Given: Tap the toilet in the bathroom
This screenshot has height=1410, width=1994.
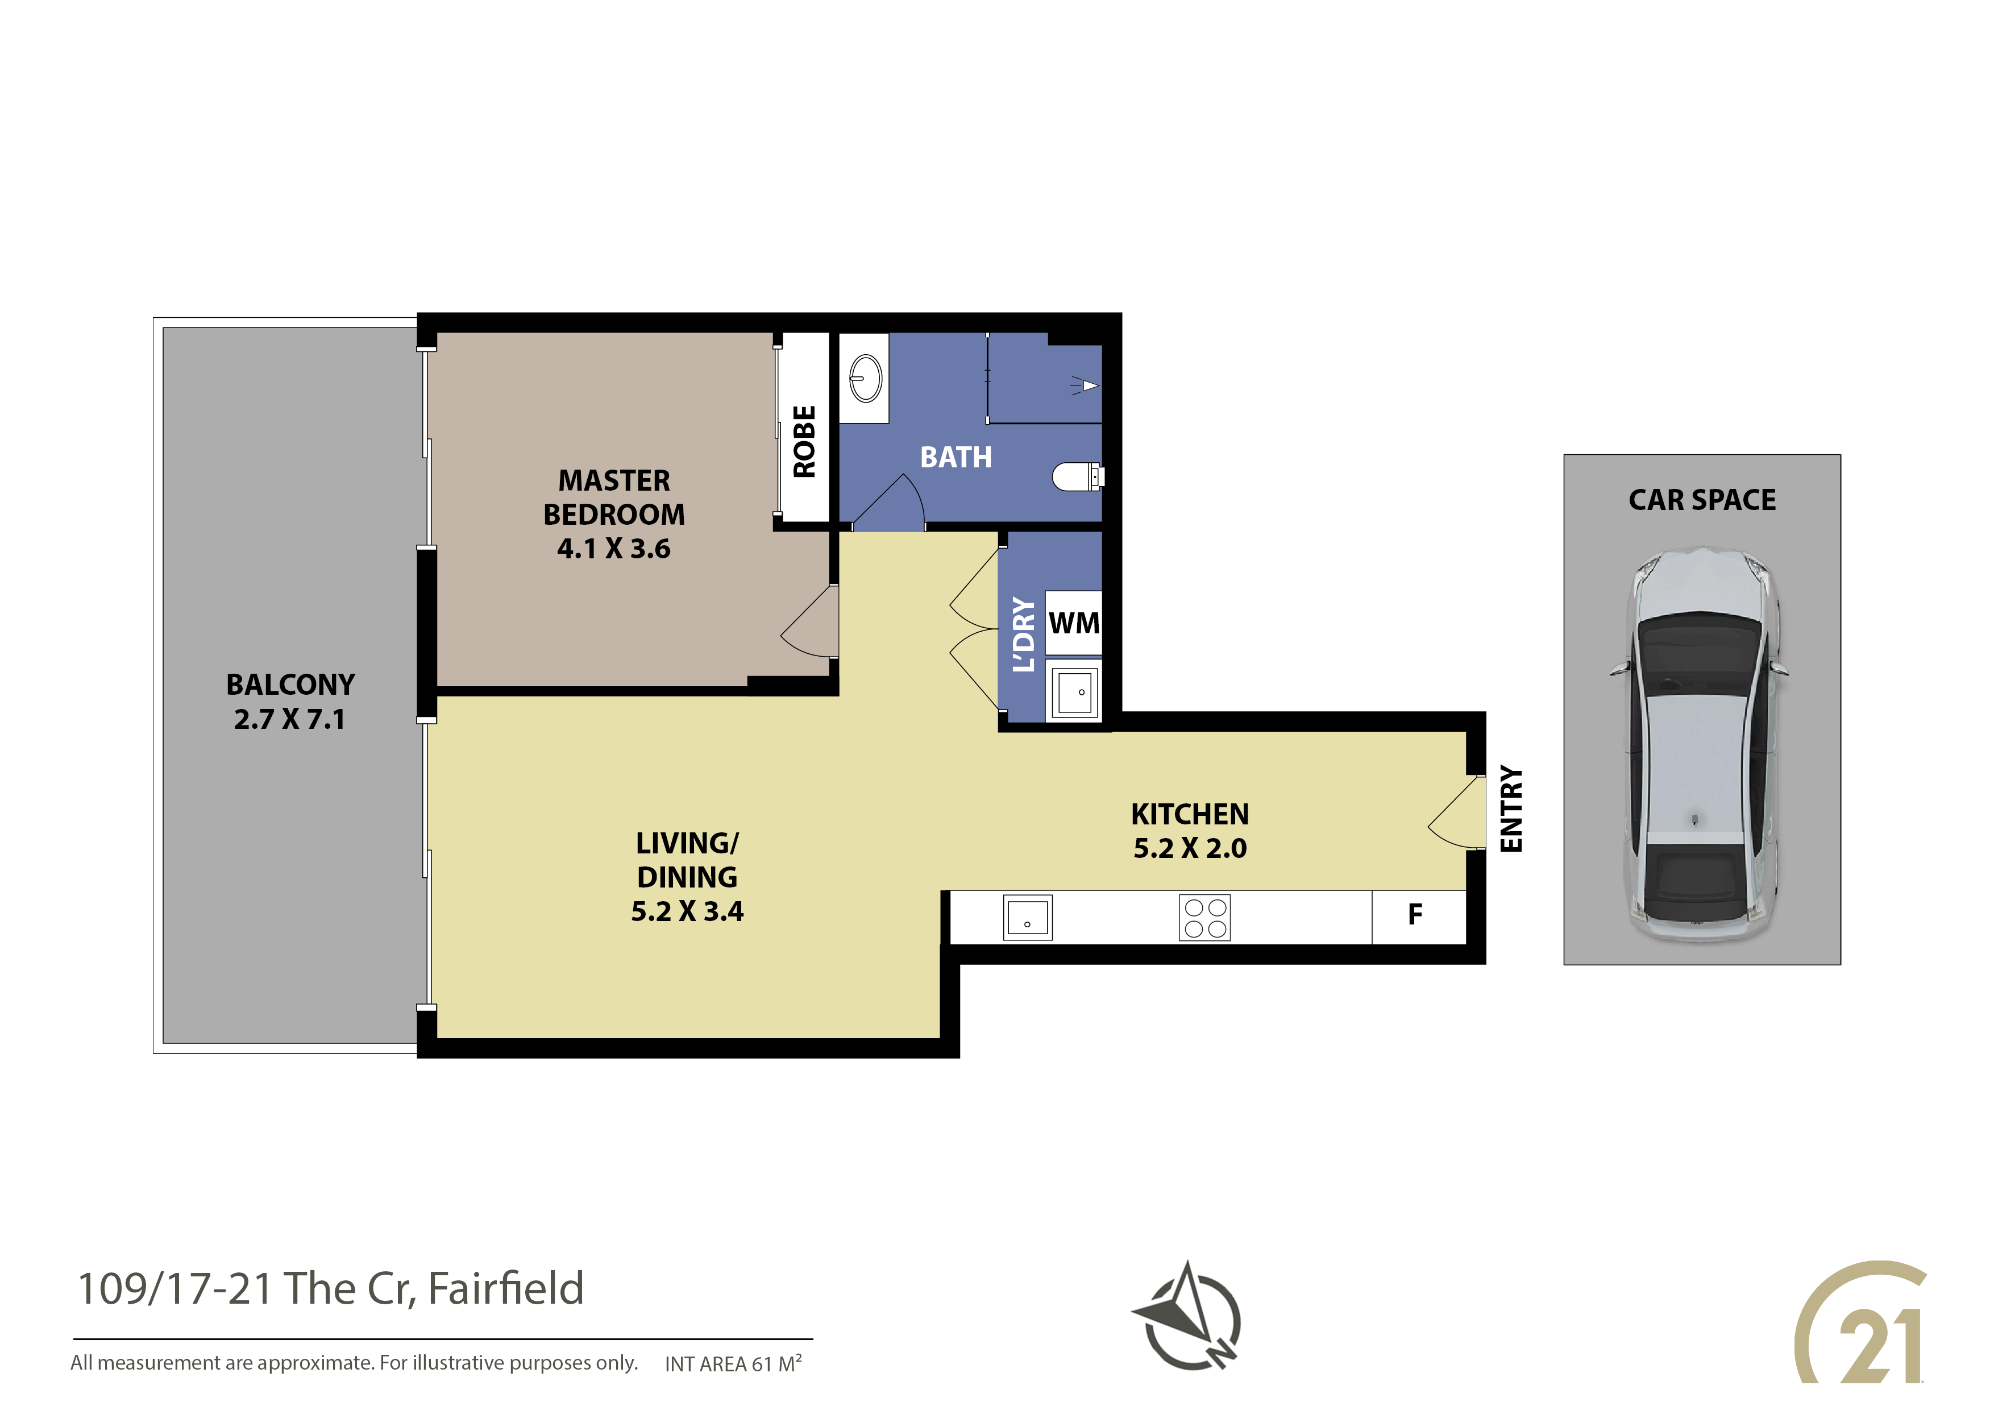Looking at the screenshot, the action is point(1078,476).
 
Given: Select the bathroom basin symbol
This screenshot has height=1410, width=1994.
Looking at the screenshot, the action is point(865,379).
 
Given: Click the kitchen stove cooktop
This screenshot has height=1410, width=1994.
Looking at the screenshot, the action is point(1204,918).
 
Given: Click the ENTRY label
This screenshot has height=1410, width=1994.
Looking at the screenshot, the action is point(1511,809).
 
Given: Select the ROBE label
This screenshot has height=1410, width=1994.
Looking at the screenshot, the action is point(804,441).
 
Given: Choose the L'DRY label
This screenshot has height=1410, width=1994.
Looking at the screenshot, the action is point(1025,634).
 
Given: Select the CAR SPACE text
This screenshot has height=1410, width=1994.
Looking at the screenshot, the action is point(1702,500).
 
